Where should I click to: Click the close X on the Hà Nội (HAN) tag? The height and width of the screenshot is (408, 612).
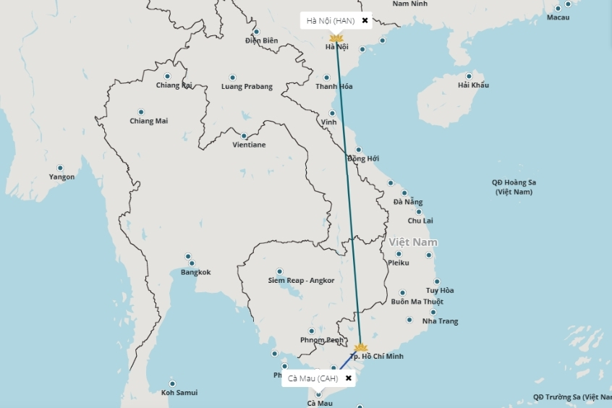tap(365, 20)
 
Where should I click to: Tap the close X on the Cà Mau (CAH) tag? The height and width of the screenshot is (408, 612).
tap(349, 378)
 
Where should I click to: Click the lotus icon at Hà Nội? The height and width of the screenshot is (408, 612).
tap(336, 38)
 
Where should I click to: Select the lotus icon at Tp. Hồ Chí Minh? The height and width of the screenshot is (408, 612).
tap(360, 347)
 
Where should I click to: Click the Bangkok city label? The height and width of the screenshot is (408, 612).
tap(195, 272)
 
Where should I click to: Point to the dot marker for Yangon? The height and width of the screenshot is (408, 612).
tap(60, 168)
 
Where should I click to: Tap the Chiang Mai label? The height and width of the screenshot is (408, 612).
tap(148, 121)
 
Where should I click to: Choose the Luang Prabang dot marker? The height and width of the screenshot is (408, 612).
tap(232, 77)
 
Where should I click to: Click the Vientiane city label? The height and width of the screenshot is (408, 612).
tap(249, 145)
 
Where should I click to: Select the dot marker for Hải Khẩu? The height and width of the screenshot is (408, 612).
tap(469, 76)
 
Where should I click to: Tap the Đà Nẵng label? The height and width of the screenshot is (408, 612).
tap(408, 202)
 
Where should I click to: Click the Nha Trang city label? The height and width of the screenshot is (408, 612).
tap(440, 320)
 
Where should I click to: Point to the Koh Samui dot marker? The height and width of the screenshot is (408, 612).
tap(172, 383)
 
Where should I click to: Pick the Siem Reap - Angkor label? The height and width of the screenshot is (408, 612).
tap(301, 280)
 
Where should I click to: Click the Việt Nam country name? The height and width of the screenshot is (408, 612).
tap(413, 242)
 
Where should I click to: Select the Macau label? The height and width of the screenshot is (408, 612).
tap(558, 17)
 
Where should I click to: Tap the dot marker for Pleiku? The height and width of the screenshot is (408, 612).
tap(398, 254)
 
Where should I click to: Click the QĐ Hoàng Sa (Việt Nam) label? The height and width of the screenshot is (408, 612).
tap(514, 187)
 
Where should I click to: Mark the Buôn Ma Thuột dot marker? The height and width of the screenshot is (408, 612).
tap(402, 293)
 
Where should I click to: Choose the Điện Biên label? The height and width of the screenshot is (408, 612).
tap(261, 41)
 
